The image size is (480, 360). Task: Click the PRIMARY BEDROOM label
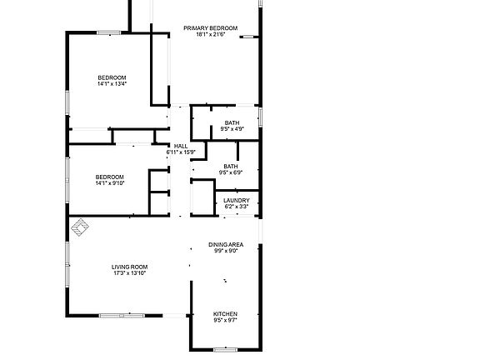click(x=211, y=28)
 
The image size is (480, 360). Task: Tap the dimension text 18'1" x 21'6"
click(x=211, y=35)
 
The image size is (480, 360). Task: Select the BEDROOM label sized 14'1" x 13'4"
click(x=111, y=77)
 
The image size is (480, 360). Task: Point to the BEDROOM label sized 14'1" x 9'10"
click(x=109, y=177)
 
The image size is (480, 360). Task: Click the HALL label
click(x=180, y=146)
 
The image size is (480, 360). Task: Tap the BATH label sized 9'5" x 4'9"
click(x=232, y=123)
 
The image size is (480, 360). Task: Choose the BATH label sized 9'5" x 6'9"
click(x=230, y=166)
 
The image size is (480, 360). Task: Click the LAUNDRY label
click(x=237, y=200)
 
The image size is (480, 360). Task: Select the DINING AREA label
click(x=226, y=244)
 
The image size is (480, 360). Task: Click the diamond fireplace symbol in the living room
click(x=82, y=226)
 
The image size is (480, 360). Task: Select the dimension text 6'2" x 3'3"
click(x=237, y=207)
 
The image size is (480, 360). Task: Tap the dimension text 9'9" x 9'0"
click(x=226, y=251)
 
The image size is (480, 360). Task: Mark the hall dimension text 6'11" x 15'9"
click(x=180, y=152)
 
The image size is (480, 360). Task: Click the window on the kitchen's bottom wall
click(x=225, y=349)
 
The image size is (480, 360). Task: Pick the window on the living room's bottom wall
click(x=122, y=316)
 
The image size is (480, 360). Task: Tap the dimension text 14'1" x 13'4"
click(x=111, y=84)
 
